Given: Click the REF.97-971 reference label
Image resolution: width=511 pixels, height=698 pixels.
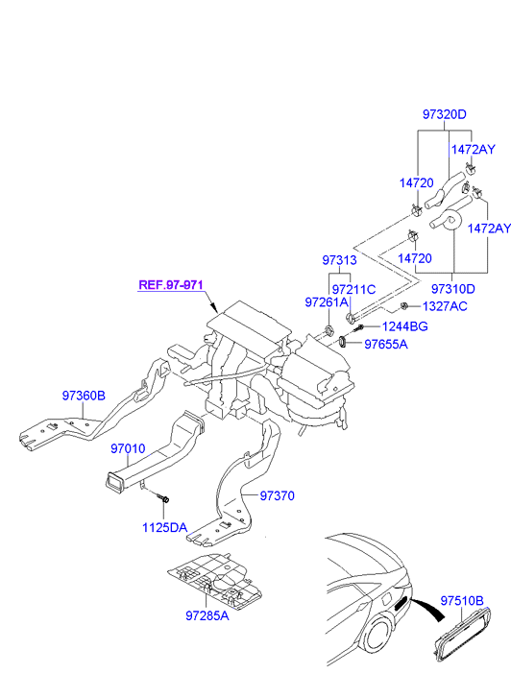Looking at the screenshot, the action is click(x=171, y=284).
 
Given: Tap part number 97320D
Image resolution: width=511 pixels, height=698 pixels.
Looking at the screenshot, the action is click(x=444, y=114).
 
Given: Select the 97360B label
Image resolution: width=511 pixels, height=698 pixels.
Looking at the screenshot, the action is click(x=84, y=396).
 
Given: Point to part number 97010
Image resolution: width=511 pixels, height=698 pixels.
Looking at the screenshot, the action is click(x=128, y=448).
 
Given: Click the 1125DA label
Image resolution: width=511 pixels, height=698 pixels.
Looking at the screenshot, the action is click(x=165, y=527).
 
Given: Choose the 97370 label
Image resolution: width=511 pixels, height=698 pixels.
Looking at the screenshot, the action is click(x=277, y=495).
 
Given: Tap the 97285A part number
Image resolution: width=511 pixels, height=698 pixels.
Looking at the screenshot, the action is click(x=207, y=615).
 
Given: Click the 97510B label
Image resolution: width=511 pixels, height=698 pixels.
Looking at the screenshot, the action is click(x=462, y=600).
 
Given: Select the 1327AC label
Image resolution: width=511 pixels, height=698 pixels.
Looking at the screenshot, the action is click(x=445, y=306).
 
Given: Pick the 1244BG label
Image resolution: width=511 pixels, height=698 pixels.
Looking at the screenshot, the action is click(x=405, y=326).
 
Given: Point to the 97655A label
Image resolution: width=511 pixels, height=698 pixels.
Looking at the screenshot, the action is click(x=386, y=344).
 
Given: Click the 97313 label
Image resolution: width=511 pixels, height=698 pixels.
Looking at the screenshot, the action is click(x=339, y=260).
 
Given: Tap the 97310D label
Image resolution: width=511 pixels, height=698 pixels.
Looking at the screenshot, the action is click(x=453, y=289).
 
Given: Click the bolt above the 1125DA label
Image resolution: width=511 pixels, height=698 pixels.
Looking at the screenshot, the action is click(x=162, y=497).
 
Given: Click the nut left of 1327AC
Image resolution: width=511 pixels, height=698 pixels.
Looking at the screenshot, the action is click(x=404, y=306).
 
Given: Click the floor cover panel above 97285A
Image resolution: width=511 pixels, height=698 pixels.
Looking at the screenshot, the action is click(x=215, y=581).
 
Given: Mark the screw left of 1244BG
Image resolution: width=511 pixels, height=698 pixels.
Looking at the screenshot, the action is click(x=358, y=329).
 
